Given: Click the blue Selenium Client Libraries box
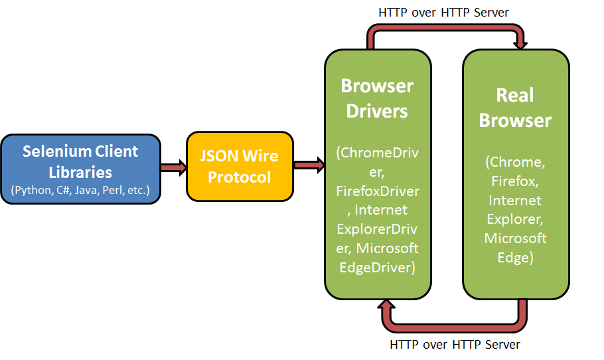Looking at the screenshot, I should (x=80, y=169).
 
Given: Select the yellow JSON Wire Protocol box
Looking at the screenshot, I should (x=240, y=167).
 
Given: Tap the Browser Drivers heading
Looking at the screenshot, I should (x=377, y=98).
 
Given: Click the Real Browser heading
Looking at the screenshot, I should (x=515, y=108).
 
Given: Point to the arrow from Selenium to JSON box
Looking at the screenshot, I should (x=173, y=167).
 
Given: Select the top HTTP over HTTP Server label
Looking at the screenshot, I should (x=443, y=12).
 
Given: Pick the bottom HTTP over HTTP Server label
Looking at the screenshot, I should (x=455, y=345).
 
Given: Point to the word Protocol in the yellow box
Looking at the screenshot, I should (x=240, y=177).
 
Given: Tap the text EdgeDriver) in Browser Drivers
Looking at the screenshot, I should (x=377, y=268).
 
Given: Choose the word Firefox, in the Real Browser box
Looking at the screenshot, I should (x=515, y=181).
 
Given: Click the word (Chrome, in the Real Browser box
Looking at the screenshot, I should (x=515, y=161).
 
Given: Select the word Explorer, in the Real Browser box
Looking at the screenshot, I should (x=515, y=219).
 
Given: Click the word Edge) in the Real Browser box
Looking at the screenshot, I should (x=515, y=258).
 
